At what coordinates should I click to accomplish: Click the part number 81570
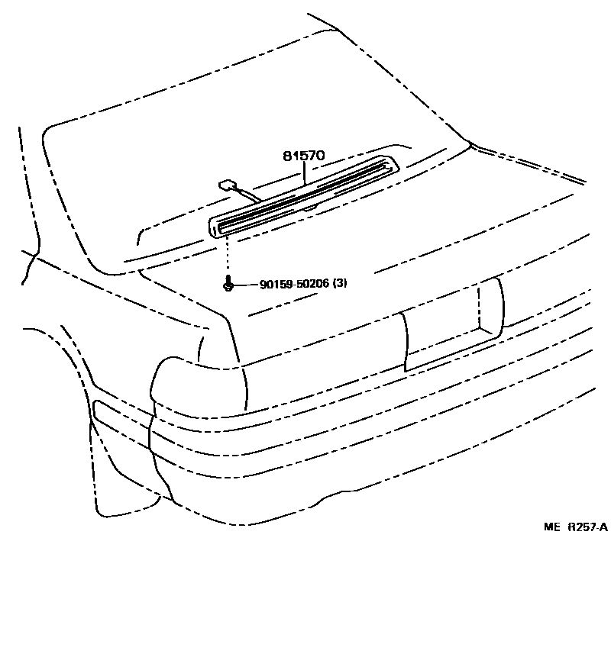(x=304, y=156)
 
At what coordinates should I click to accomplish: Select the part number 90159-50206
(x=294, y=284)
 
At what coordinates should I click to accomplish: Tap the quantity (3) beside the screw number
(x=340, y=284)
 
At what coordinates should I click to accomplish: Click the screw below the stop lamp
(x=228, y=285)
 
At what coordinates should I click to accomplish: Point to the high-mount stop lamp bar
(x=305, y=195)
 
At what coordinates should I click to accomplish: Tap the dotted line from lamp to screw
(x=228, y=256)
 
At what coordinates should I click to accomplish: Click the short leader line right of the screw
(x=244, y=285)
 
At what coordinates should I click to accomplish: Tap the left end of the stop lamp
(x=216, y=225)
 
